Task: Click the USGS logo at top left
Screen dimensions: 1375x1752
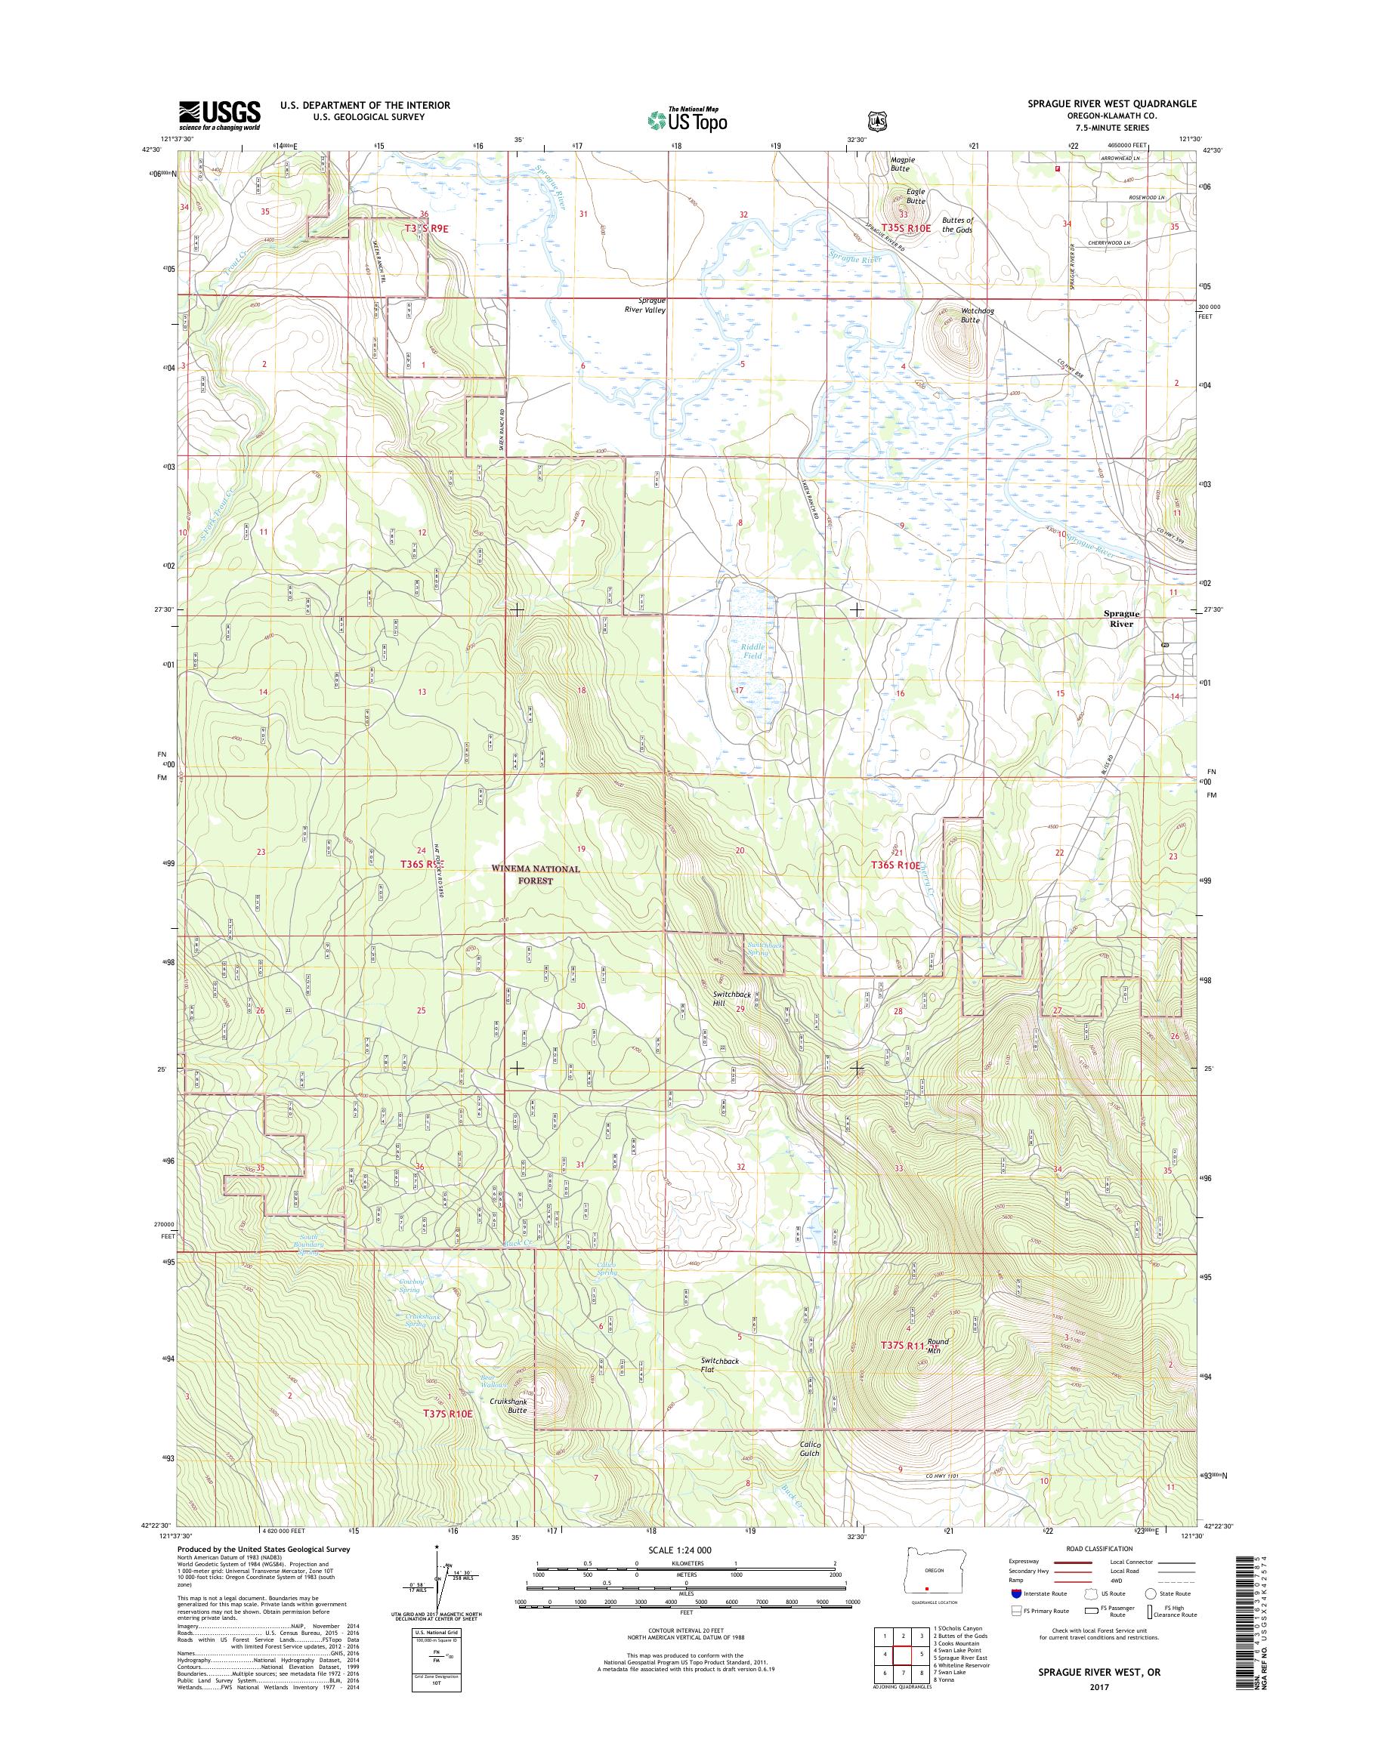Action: click(219, 115)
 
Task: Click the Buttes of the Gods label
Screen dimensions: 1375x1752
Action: click(958, 224)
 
